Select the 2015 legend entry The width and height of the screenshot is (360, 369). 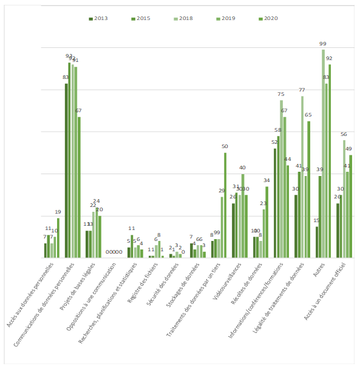140,19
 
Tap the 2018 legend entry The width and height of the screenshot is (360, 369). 182,19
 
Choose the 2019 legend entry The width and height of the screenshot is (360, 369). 225,19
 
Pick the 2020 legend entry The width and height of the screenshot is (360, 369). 267,19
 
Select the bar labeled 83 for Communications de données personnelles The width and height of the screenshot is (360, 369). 66,171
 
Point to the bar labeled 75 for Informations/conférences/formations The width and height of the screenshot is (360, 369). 281,179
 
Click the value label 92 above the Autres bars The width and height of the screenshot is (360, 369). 329,58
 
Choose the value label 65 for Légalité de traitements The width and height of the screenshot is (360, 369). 308,115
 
